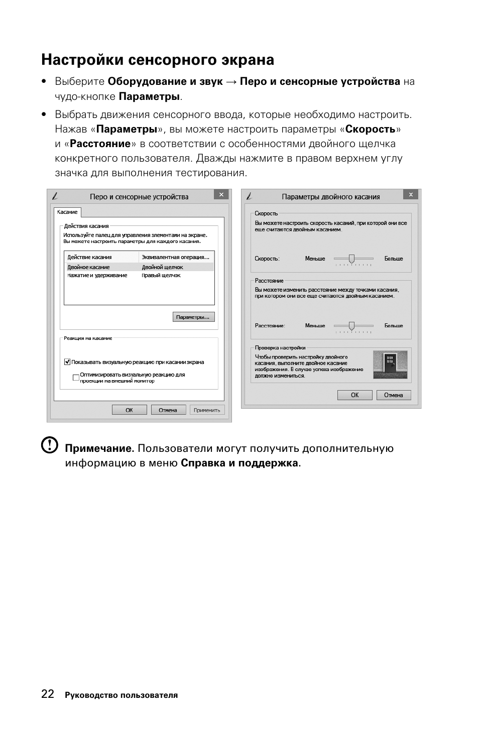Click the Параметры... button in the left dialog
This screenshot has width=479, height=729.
[193, 317]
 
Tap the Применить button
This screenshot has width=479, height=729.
[207, 410]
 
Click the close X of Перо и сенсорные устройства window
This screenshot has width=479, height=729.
[221, 194]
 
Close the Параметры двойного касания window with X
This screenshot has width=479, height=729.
[411, 194]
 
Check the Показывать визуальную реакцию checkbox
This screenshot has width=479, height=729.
[67, 361]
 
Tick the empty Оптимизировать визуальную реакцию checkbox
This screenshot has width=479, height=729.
[76, 378]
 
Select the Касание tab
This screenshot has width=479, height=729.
[67, 212]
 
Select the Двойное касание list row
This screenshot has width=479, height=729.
[89, 267]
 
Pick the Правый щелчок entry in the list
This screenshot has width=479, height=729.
[161, 275]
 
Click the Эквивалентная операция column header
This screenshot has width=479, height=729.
[175, 257]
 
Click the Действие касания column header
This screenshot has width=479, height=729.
[90, 257]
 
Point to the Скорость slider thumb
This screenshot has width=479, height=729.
[351, 259]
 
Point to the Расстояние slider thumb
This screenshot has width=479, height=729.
[351, 326]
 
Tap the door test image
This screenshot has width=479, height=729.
[390, 364]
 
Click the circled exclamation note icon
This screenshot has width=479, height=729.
[49, 445]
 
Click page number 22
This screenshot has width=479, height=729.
[48, 694]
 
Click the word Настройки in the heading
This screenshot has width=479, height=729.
[82, 60]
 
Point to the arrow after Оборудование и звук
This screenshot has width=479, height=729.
[231, 82]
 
